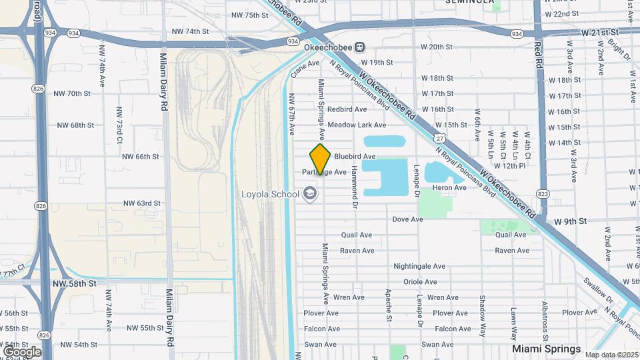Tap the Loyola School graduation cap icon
[309, 194]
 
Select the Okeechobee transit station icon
[360, 47]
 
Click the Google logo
[22, 351]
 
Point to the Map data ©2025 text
[611, 355]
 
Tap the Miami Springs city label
[546, 349]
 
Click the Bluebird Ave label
[355, 156]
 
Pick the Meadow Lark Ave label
[357, 125]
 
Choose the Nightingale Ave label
[419, 266]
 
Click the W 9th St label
[571, 221]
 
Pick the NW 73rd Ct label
[119, 125]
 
